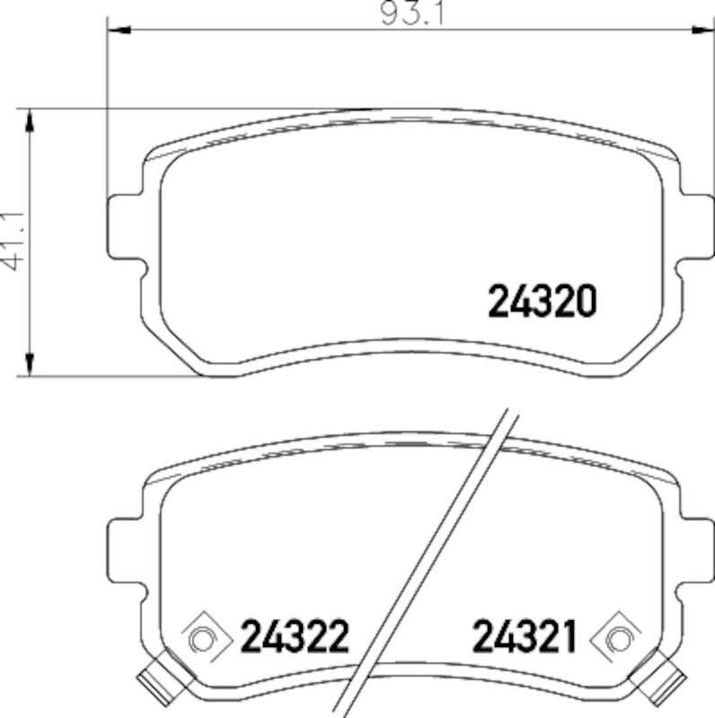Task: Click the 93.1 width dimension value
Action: [x=409, y=14]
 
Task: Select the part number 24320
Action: [x=542, y=302]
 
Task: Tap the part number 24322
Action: [x=294, y=638]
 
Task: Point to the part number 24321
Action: [x=524, y=638]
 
